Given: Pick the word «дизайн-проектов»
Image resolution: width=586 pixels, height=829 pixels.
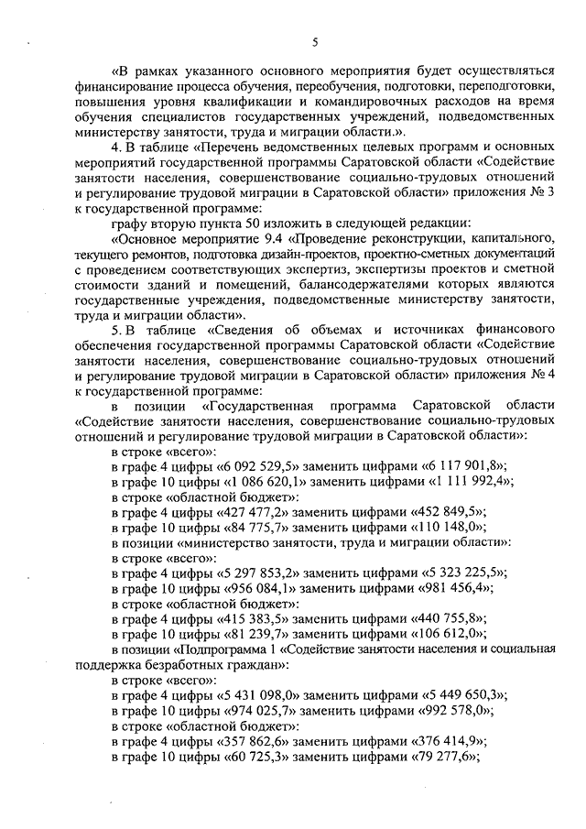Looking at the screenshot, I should (309, 256).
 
